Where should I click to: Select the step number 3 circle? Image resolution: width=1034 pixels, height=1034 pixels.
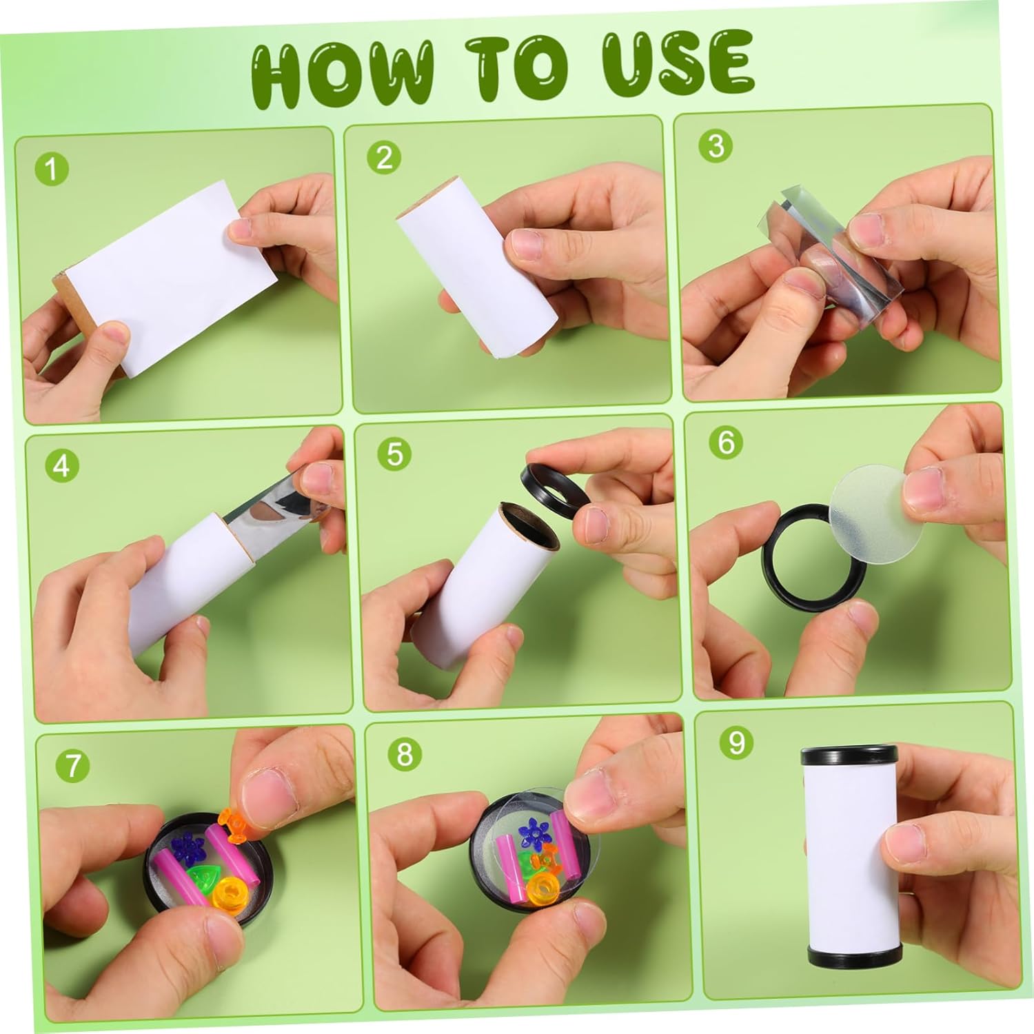click(716, 145)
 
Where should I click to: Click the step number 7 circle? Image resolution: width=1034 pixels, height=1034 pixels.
click(73, 765)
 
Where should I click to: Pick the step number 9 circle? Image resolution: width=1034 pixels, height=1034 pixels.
click(736, 742)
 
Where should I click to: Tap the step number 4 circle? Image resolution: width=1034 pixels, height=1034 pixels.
click(61, 466)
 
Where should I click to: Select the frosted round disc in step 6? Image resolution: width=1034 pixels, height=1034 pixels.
click(872, 502)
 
